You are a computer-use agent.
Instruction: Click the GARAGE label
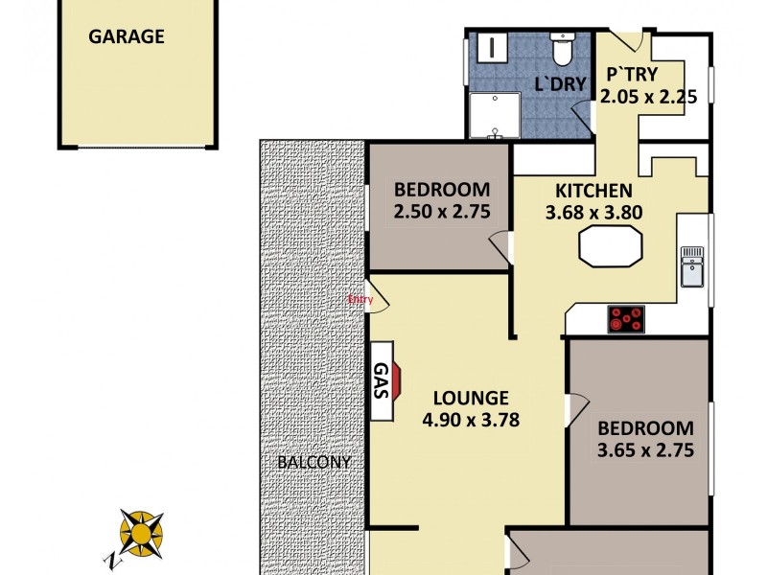[127, 37]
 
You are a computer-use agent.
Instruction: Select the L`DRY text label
[559, 84]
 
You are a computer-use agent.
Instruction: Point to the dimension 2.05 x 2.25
[647, 96]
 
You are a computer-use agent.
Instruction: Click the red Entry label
[360, 299]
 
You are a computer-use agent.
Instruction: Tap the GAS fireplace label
[380, 381]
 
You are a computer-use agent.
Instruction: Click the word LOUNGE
[470, 398]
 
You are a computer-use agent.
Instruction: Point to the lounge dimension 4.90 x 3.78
[470, 419]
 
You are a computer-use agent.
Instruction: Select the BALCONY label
[314, 462]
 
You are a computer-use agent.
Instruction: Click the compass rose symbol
[141, 532]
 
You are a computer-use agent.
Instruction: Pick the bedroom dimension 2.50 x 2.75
[441, 211]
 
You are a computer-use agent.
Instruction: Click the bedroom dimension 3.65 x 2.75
[645, 449]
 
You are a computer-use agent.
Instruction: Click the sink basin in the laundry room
[491, 46]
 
